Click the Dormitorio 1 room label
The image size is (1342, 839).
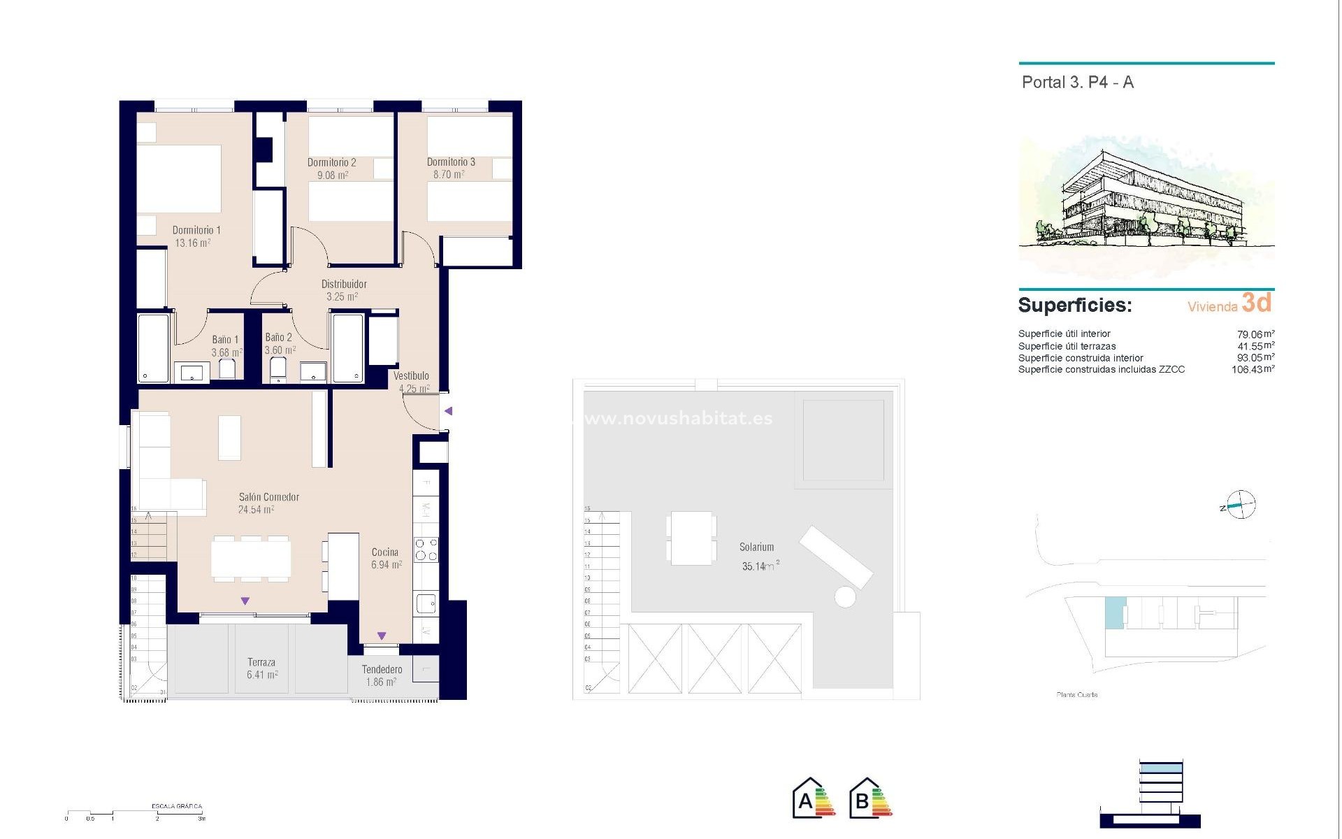pyautogui.click(x=196, y=230)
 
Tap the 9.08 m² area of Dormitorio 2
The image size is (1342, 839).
pyautogui.click(x=333, y=175)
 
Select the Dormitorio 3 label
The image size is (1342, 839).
pyautogui.click(x=451, y=162)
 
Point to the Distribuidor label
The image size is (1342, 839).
pyautogui.click(x=344, y=285)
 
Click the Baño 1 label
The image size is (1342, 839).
pyautogui.click(x=225, y=340)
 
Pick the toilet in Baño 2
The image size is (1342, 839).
pyautogui.click(x=278, y=369)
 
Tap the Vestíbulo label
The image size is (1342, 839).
pyautogui.click(x=411, y=376)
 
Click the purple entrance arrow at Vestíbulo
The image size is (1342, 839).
pyautogui.click(x=449, y=411)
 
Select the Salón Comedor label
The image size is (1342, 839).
pyautogui.click(x=269, y=497)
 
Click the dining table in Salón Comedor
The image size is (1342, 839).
pyautogui.click(x=251, y=559)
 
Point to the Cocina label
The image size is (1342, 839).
pyautogui.click(x=385, y=552)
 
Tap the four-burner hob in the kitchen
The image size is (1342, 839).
pyautogui.click(x=426, y=550)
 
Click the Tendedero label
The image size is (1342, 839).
pyautogui.click(x=382, y=670)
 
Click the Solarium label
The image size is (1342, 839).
pyautogui.click(x=756, y=547)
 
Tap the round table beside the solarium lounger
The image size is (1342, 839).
pyautogui.click(x=845, y=596)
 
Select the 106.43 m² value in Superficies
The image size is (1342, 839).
pyautogui.click(x=1252, y=370)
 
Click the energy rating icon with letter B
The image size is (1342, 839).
pyautogui.click(x=870, y=799)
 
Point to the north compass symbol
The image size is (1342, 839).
pyautogui.click(x=1241, y=505)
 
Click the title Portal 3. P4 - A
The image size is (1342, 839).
pyautogui.click(x=1077, y=83)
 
